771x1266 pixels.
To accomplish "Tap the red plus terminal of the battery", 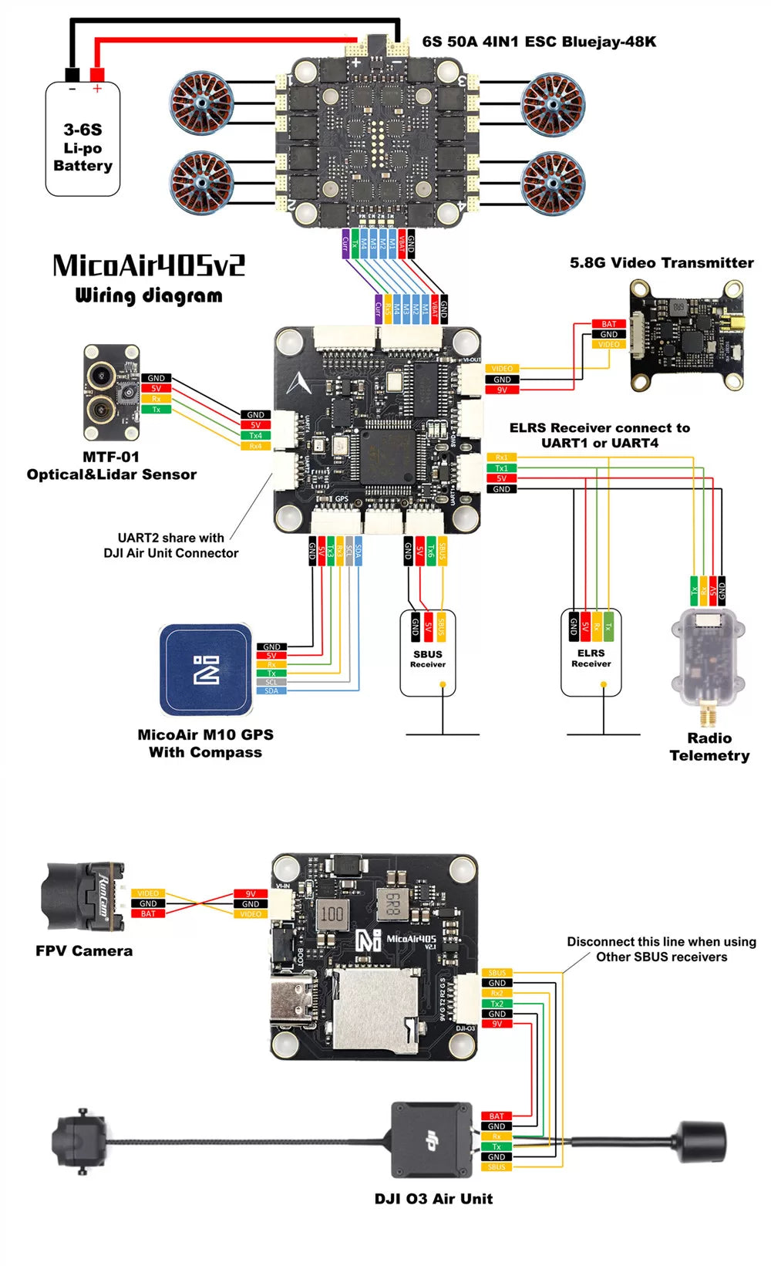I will (97, 75).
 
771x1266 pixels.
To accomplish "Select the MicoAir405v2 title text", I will (149, 266).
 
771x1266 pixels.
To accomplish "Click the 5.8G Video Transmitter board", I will (686, 336).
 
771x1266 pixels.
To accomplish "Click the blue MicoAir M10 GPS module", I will (207, 670).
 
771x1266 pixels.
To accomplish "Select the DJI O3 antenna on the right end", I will (702, 1142).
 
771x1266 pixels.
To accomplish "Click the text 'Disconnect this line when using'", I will (661, 942).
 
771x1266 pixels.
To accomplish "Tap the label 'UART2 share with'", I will (170, 538).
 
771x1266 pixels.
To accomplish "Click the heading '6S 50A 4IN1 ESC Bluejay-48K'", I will (539, 42).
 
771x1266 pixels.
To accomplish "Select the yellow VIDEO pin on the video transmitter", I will (609, 345).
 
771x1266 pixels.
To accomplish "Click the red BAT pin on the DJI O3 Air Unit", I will (497, 1116).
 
